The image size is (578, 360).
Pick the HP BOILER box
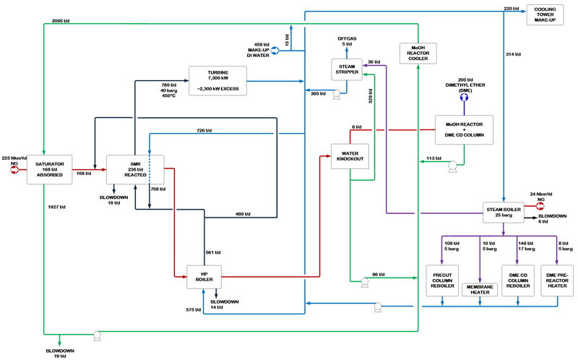[203, 275]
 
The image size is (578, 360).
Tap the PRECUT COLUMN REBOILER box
[442, 280]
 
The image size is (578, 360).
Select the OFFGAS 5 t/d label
[348, 41]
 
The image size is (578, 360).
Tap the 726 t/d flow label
[205, 129]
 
